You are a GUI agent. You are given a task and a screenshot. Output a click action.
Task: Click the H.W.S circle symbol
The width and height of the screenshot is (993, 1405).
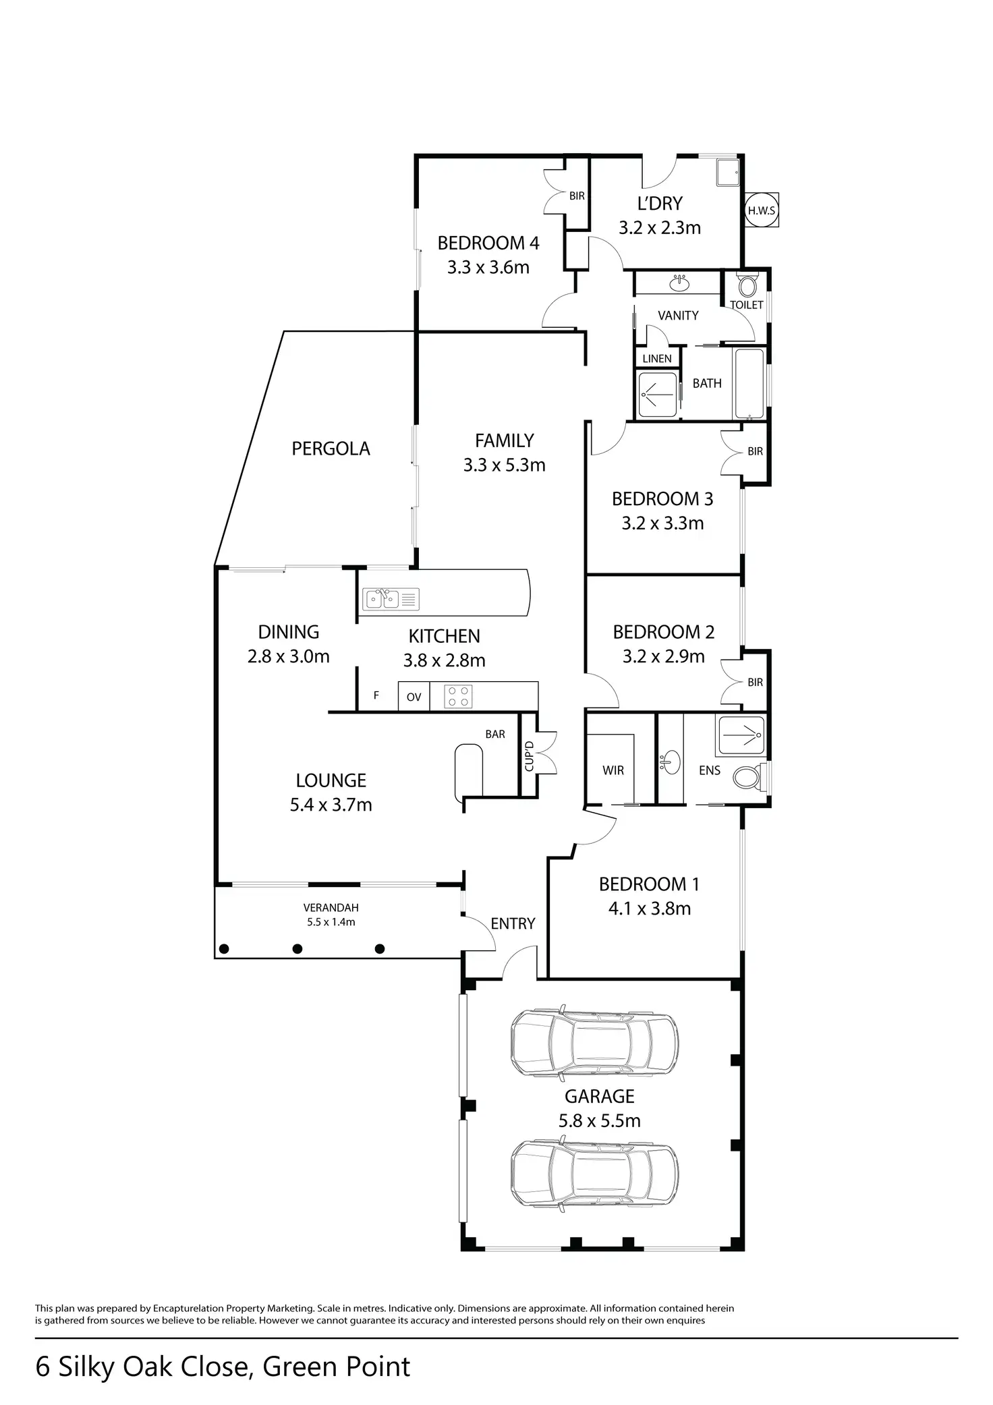click(761, 210)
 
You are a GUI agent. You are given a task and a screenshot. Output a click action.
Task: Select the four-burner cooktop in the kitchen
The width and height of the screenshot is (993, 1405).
click(458, 696)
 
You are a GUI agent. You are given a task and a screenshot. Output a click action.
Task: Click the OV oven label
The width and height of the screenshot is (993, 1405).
click(414, 697)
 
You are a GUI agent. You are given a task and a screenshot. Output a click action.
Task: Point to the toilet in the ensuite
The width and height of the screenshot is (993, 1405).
click(746, 776)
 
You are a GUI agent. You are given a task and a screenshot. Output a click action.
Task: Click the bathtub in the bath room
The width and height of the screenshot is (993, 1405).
click(749, 382)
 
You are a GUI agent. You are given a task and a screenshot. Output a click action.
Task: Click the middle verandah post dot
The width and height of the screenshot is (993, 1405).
click(297, 949)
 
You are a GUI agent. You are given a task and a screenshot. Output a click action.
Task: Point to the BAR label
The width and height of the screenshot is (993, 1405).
click(495, 734)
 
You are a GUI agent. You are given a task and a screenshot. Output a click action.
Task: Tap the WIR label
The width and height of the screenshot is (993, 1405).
click(613, 770)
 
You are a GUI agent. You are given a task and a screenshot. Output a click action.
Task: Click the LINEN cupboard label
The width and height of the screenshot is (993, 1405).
click(657, 358)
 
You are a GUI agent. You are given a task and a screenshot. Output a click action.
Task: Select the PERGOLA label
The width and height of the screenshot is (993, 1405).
click(331, 449)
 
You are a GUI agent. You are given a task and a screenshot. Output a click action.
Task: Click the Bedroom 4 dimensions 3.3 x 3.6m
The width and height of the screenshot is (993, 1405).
click(488, 267)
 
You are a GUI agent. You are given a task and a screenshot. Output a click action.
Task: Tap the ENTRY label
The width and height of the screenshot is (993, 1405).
click(513, 923)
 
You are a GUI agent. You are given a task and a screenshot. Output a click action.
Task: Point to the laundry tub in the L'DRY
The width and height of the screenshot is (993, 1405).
click(727, 172)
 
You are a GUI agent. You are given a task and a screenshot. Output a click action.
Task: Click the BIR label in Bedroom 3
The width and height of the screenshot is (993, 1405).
click(755, 451)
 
